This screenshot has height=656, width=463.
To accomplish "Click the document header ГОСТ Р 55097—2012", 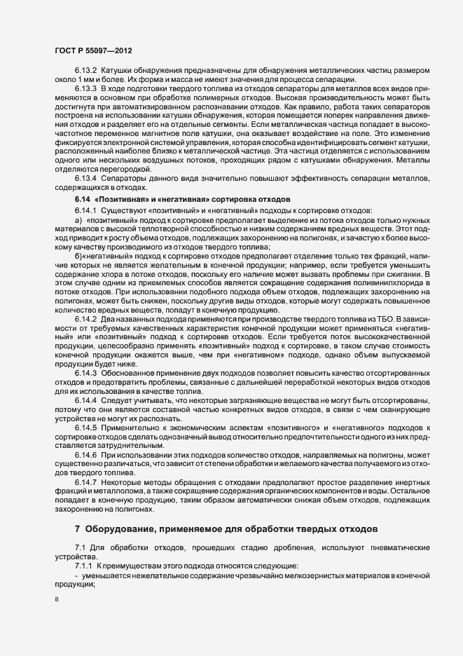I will (x=91, y=51).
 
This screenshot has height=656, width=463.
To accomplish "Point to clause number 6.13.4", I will (x=86, y=178).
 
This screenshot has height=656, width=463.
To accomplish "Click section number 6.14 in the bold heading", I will (x=82, y=200).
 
